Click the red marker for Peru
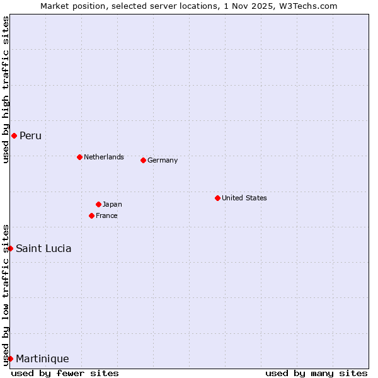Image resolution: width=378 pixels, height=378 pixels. (x=14, y=135)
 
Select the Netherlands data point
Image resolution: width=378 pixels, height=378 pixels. (x=79, y=157)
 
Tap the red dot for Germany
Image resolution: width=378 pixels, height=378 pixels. (x=143, y=160)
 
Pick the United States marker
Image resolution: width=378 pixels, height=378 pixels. (x=217, y=198)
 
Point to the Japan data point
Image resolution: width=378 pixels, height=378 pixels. (x=98, y=204)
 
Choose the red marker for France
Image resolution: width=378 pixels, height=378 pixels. (x=91, y=215)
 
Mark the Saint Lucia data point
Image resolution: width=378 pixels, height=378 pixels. (x=10, y=248)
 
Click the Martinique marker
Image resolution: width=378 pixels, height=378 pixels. (x=10, y=358)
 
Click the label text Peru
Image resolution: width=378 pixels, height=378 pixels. (x=30, y=136)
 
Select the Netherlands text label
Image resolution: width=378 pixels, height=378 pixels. (x=104, y=157)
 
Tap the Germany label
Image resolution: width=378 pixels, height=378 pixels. (x=163, y=160)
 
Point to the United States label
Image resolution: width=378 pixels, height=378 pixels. (x=244, y=198)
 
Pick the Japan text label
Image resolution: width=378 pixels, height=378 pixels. (x=112, y=204)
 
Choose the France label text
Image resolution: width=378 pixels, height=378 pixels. (x=106, y=215)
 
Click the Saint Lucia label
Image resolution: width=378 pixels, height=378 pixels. (x=43, y=248)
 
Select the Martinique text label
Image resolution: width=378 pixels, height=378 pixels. (x=42, y=359)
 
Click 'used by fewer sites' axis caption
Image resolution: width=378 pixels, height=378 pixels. (x=65, y=373)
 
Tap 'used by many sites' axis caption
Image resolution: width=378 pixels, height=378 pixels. (x=316, y=373)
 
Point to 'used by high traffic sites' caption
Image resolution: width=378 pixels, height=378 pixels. (x=6, y=90)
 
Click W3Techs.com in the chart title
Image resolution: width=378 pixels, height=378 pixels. (x=309, y=6)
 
